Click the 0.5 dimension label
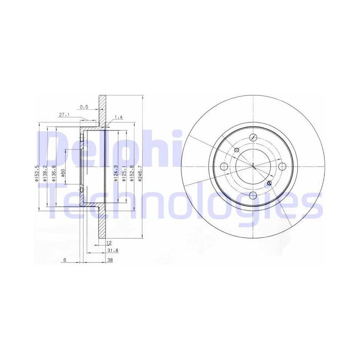[x=84, y=107]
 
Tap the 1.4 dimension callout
[x=118, y=117]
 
